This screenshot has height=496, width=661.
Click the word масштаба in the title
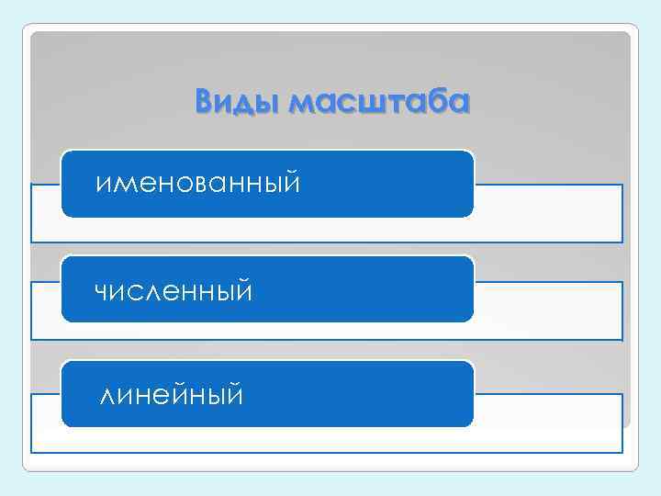(x=378, y=102)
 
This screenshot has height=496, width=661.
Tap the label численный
(x=174, y=291)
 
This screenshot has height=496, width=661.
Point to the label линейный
(x=172, y=396)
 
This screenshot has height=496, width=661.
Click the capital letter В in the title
(x=205, y=101)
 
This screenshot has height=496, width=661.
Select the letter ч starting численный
(x=101, y=293)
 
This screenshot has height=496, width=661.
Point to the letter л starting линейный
(x=107, y=398)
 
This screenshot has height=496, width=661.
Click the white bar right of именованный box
(x=548, y=212)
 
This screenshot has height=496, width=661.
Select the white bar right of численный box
(x=548, y=310)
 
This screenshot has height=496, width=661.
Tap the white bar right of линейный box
(x=548, y=423)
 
